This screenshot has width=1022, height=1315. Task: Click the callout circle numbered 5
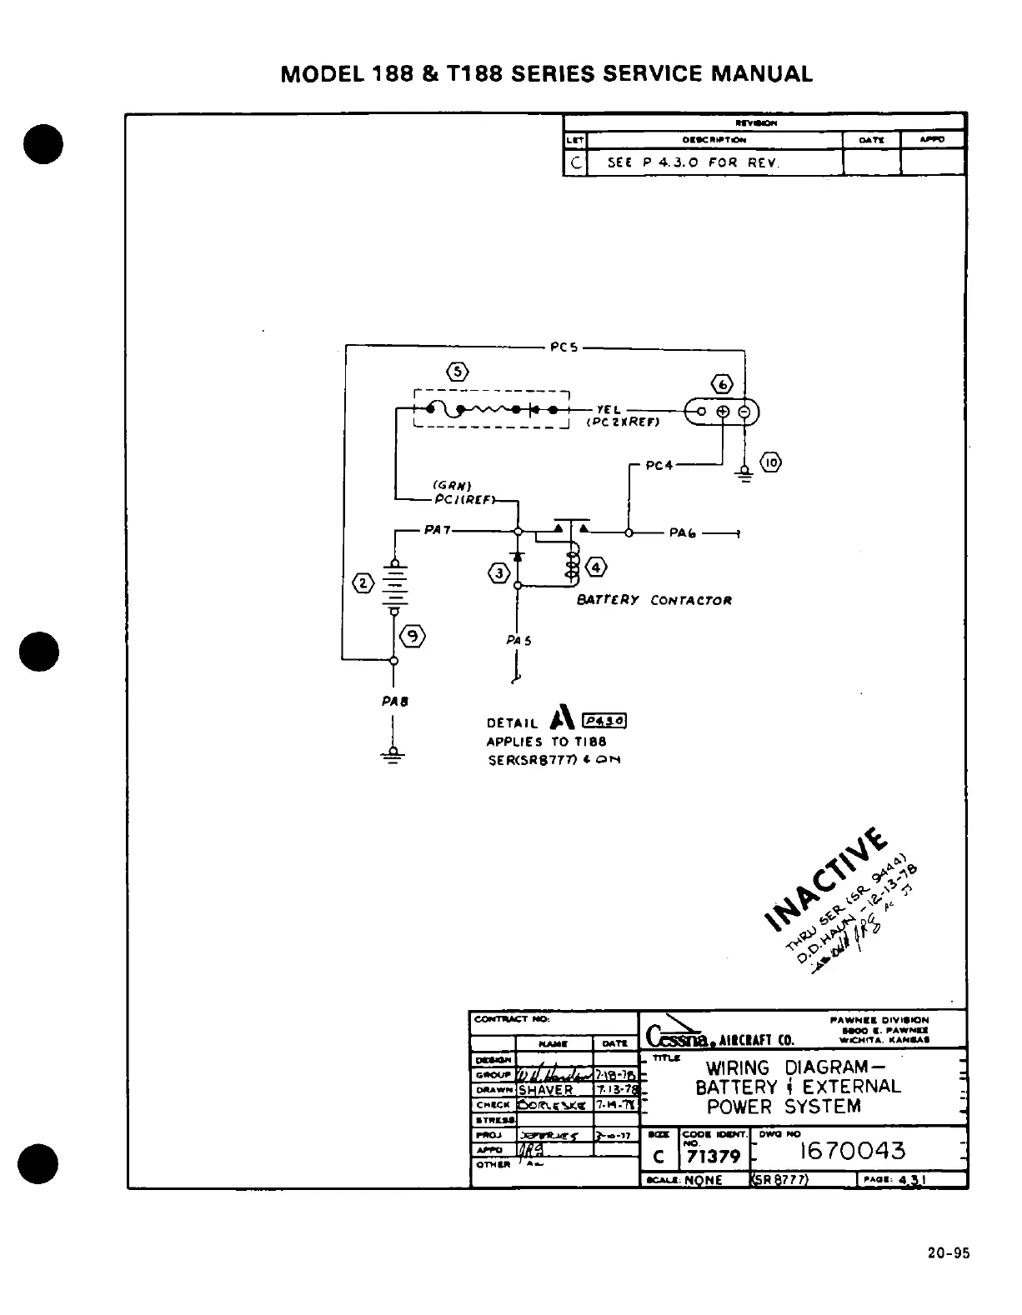click(x=457, y=372)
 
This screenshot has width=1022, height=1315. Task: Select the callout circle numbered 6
click(x=722, y=385)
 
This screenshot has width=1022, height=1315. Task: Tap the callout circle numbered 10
click(x=771, y=463)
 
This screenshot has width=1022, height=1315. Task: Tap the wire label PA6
click(x=683, y=532)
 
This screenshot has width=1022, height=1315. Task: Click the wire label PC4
click(x=659, y=465)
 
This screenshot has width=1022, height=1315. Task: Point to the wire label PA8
click(x=394, y=702)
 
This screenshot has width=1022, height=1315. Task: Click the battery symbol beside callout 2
click(x=394, y=587)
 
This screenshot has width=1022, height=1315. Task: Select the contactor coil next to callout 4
click(x=572, y=563)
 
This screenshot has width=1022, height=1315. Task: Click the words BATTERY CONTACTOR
click(x=654, y=600)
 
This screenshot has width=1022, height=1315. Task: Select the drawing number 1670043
click(x=852, y=1151)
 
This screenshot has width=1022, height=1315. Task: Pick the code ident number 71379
click(x=713, y=1157)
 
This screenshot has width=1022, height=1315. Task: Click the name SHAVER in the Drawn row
click(x=546, y=1090)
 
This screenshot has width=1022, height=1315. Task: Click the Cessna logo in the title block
click(x=677, y=1037)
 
